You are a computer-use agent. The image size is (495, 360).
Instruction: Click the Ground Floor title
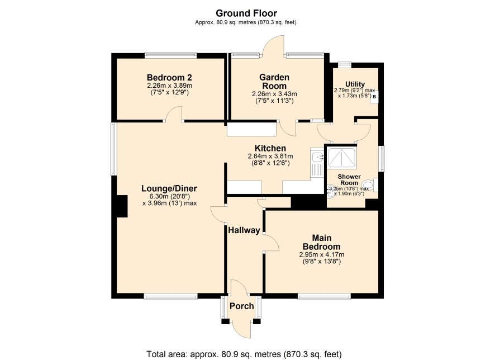pyautogui.click(x=246, y=13)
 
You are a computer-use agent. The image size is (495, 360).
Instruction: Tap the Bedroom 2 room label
pyautogui.click(x=169, y=77)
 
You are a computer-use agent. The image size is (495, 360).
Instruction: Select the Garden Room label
pyautogui.click(x=274, y=82)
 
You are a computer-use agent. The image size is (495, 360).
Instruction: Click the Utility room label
pyautogui.click(x=355, y=84)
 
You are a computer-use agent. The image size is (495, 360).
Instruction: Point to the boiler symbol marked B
pyautogui.click(x=374, y=97)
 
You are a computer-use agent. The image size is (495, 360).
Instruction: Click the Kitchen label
pyautogui.click(x=270, y=148)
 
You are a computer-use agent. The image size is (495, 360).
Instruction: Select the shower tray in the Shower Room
pyautogui.click(x=341, y=157)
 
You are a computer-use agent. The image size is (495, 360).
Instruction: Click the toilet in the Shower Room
pyautogui.click(x=370, y=185)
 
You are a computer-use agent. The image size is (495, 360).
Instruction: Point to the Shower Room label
pyautogui.click(x=349, y=179)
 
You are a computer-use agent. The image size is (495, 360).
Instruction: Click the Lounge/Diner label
pyautogui.click(x=169, y=188)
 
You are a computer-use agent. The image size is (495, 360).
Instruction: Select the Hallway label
pyautogui.click(x=244, y=230)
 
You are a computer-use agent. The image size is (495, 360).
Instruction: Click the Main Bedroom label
pyautogui.click(x=321, y=242)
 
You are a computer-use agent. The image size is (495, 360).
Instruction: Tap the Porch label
pyautogui.click(x=241, y=306)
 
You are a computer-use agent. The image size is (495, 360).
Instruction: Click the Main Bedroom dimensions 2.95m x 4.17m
pyautogui.click(x=321, y=255)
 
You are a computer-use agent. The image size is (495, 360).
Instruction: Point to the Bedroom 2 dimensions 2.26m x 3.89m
pyautogui.click(x=169, y=86)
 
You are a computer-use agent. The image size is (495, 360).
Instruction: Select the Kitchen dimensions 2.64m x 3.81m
pyautogui.click(x=270, y=157)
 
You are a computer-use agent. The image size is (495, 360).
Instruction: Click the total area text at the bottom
pyautogui.click(x=244, y=354)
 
